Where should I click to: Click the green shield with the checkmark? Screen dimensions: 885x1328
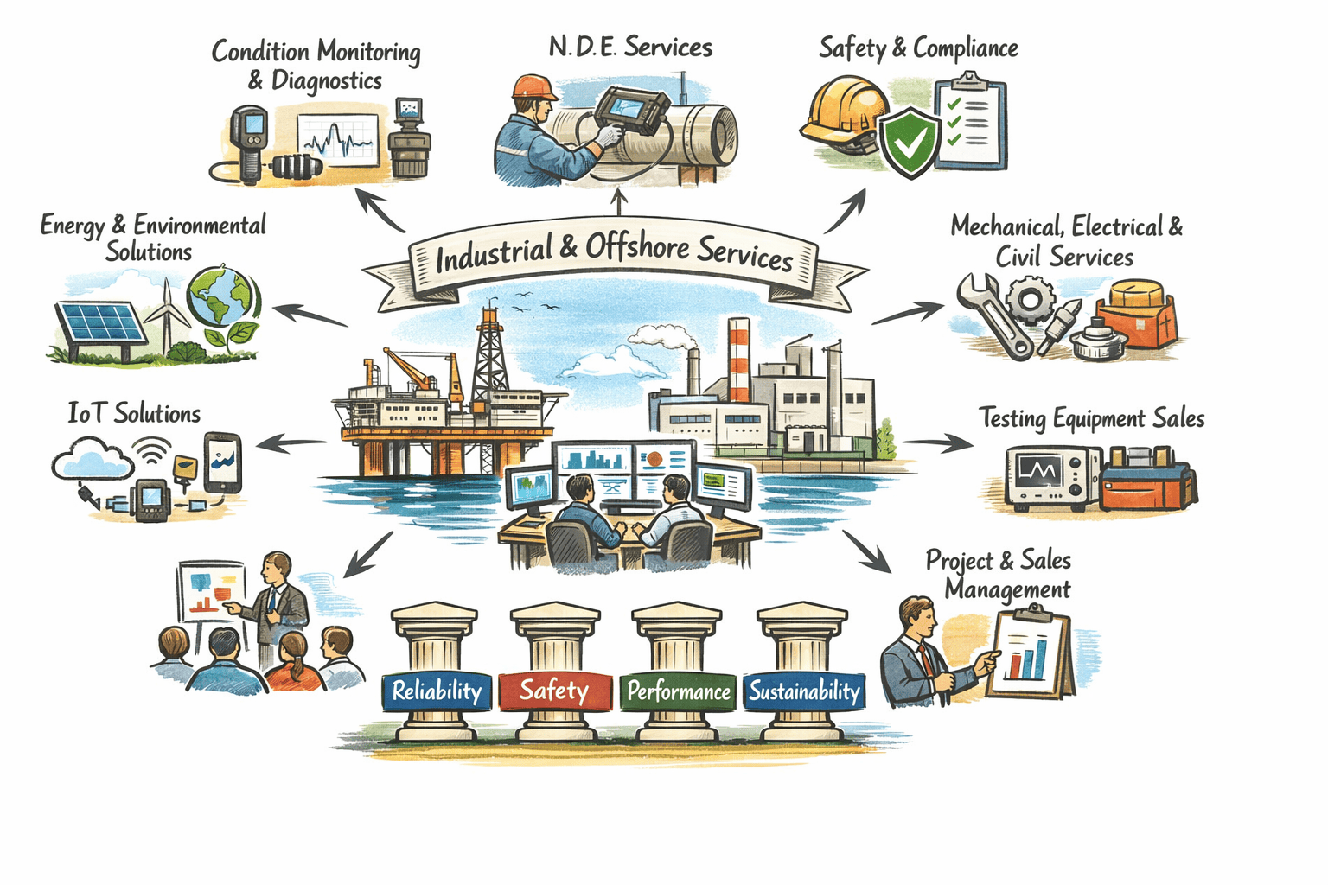pos(910,142)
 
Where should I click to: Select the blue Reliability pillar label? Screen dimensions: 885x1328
pos(437,691)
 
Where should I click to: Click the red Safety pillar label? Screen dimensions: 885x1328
pos(554,691)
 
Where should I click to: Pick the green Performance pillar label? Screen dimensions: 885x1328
pos(679,691)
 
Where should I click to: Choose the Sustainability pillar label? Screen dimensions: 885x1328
pos(804,691)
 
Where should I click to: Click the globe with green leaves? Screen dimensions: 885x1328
pos(222,297)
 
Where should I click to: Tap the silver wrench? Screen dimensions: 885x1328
pos(994,315)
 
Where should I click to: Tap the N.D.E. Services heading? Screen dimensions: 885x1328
pos(630,47)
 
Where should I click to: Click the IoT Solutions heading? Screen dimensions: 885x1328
pos(134,413)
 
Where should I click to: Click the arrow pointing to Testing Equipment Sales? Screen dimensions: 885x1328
pos(939,443)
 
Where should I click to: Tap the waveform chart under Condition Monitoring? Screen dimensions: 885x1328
pos(338,139)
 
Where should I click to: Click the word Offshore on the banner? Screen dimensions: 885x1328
pos(637,247)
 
